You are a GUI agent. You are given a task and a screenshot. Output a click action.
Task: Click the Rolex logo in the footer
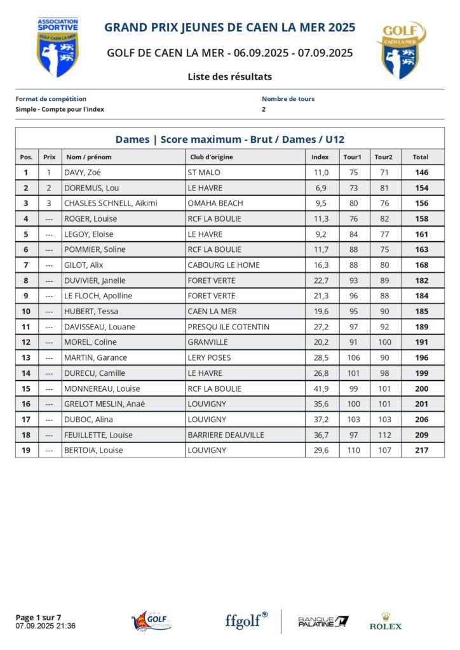coord(386,621)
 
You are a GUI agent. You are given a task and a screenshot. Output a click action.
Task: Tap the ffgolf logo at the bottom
coord(246,620)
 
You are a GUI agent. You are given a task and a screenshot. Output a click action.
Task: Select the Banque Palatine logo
coord(323,621)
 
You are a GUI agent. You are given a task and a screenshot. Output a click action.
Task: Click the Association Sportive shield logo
coord(58,47)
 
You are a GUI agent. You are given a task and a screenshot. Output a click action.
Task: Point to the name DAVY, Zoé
coord(83,173)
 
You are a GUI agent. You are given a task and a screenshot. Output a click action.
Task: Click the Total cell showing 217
coord(421,450)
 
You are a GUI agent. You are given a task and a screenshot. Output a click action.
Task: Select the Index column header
coord(320,157)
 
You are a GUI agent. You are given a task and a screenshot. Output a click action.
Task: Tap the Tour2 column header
coord(383,157)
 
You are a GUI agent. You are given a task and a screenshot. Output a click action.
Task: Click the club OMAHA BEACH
coord(215,203)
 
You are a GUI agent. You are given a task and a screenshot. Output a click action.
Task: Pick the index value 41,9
coord(320,388)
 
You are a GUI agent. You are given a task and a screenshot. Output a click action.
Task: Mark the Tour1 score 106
coord(353,357)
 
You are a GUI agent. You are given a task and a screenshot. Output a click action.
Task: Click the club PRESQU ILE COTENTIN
coord(228,327)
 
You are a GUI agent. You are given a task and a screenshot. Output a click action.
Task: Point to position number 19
coord(26,450)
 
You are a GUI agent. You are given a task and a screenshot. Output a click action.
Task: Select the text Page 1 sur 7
coord(38,617)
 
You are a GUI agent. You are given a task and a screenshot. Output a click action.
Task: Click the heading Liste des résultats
coord(230,77)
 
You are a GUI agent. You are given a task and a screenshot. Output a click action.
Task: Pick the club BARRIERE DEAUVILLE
coord(226,435)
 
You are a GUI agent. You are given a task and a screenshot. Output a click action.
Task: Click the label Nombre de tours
coord(288,99)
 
